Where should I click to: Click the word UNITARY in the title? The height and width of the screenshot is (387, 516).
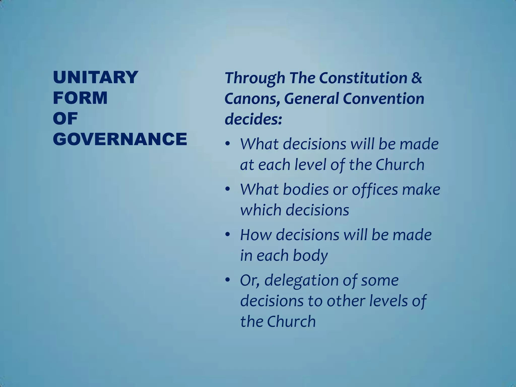click(x=95, y=77)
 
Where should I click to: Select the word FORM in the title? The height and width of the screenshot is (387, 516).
click(x=80, y=98)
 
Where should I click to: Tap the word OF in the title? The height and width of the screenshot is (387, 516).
click(x=65, y=119)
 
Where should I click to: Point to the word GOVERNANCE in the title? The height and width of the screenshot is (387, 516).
click(x=120, y=139)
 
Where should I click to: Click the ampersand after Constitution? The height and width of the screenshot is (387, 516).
click(x=416, y=78)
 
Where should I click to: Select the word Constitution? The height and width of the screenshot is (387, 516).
click(x=363, y=78)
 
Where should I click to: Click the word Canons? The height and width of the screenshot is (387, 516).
click(x=251, y=99)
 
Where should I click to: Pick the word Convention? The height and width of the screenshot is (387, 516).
click(x=383, y=99)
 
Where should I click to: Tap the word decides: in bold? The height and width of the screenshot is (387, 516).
click(x=253, y=119)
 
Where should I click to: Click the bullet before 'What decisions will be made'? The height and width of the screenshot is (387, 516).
click(x=228, y=144)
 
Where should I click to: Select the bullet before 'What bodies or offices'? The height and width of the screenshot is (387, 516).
click(x=228, y=190)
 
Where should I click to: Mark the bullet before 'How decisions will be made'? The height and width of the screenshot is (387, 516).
click(x=228, y=235)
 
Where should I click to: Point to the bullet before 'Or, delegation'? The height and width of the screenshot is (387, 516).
click(x=228, y=280)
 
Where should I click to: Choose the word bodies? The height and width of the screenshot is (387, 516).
click(x=305, y=189)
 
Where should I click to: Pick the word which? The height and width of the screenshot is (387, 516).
click(x=260, y=210)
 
